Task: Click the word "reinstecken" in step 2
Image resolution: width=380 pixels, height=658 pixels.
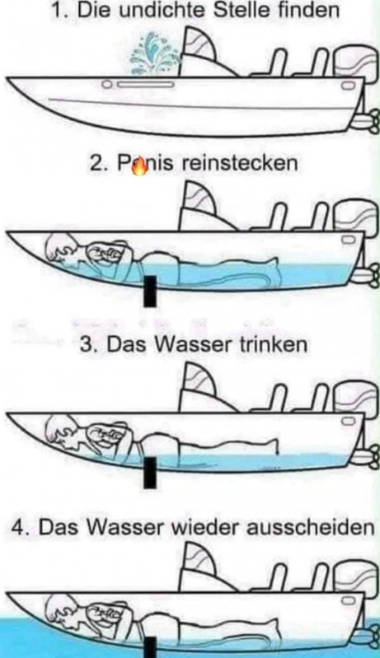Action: [240, 163]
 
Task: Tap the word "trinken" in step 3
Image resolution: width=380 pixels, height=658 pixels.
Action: [274, 344]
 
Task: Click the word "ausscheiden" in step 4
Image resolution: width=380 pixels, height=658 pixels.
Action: [310, 527]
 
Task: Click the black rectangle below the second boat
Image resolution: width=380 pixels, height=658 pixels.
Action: [150, 292]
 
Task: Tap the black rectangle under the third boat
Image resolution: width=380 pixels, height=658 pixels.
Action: [150, 473]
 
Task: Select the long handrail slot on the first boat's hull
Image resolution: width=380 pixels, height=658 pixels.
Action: [146, 85]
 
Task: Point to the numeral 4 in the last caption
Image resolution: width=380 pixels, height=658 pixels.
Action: [18, 528]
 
